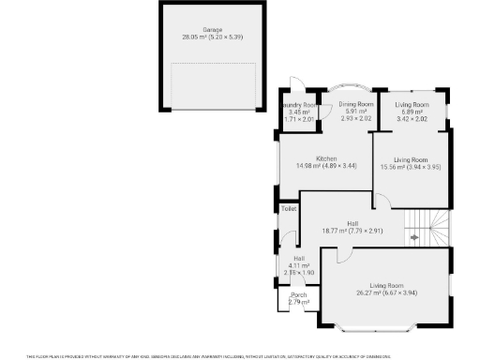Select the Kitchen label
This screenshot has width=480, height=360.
click(325, 158)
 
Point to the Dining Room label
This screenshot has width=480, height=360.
click(355, 104)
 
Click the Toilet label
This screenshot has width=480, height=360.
click(289, 208)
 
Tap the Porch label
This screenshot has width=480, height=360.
click(298, 295)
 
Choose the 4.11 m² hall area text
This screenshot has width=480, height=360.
click(298, 265)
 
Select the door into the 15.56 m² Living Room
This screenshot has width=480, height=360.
click(380, 201)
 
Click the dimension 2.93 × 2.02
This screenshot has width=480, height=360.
click(356, 119)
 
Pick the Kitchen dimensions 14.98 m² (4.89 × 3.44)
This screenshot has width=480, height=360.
click(325, 166)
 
